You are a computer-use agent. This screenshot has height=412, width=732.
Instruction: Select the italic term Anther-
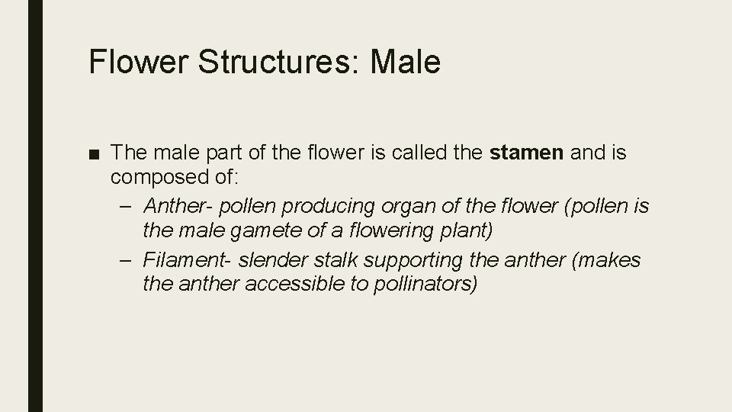pyautogui.click(x=176, y=205)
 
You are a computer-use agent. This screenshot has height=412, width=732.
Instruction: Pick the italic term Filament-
pyautogui.click(x=187, y=259)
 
